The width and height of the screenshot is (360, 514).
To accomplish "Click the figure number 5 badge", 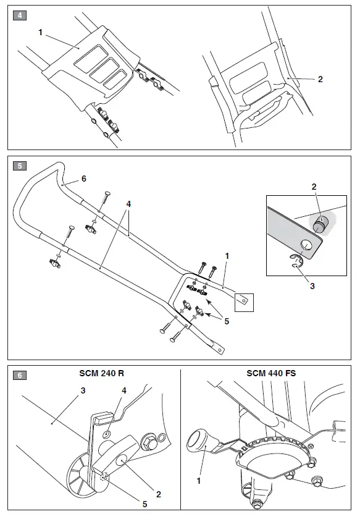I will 20,166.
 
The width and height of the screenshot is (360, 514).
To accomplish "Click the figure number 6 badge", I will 20,375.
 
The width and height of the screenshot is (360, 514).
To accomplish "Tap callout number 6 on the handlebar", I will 83,179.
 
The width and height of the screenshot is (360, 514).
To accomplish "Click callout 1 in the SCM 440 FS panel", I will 199,479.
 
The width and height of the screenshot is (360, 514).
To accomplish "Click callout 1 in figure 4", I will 41,32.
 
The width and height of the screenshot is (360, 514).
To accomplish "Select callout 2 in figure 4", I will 320,79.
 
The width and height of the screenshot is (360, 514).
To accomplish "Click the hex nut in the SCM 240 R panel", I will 149,443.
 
